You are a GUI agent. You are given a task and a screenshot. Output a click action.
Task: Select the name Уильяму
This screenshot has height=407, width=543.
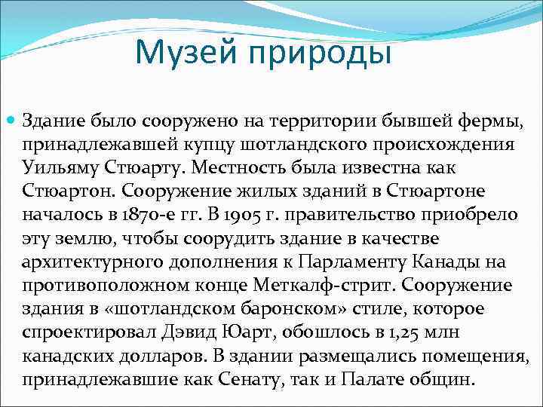tap(57, 167)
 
